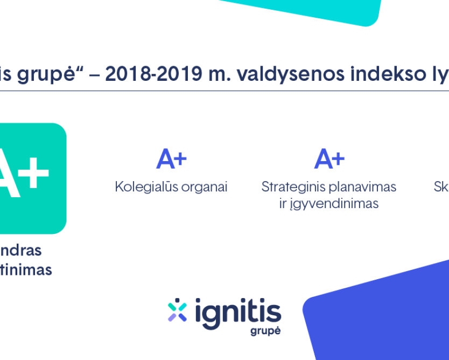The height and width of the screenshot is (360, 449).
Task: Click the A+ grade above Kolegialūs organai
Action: click(x=171, y=159)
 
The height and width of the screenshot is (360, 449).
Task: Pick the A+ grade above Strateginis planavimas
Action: click(x=329, y=159)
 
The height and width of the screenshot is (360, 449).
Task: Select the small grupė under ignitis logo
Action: click(x=265, y=330)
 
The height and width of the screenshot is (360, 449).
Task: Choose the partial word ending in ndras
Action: click(x=20, y=250)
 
